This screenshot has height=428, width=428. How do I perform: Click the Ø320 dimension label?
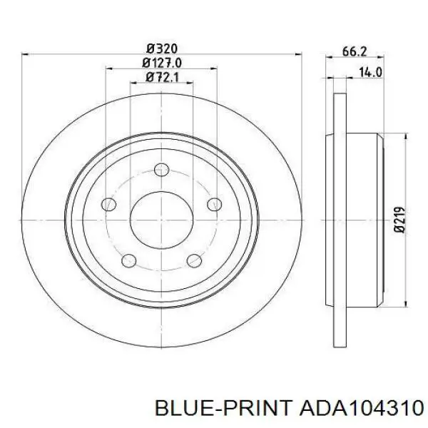(x=162, y=49)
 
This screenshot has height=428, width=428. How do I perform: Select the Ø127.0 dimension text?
(x=162, y=63)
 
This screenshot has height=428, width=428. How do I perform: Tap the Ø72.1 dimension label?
(x=162, y=77)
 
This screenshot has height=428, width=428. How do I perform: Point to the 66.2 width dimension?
(x=355, y=51)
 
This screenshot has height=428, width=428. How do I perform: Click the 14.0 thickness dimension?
(x=370, y=72)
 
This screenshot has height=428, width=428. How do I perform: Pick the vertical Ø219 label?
(x=399, y=220)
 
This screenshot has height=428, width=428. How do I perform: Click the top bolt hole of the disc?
(x=162, y=170)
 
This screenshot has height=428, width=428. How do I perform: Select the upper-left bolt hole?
(x=108, y=204)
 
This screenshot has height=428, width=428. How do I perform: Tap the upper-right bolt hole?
(x=215, y=204)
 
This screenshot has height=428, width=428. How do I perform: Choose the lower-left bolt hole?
(x=129, y=260)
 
